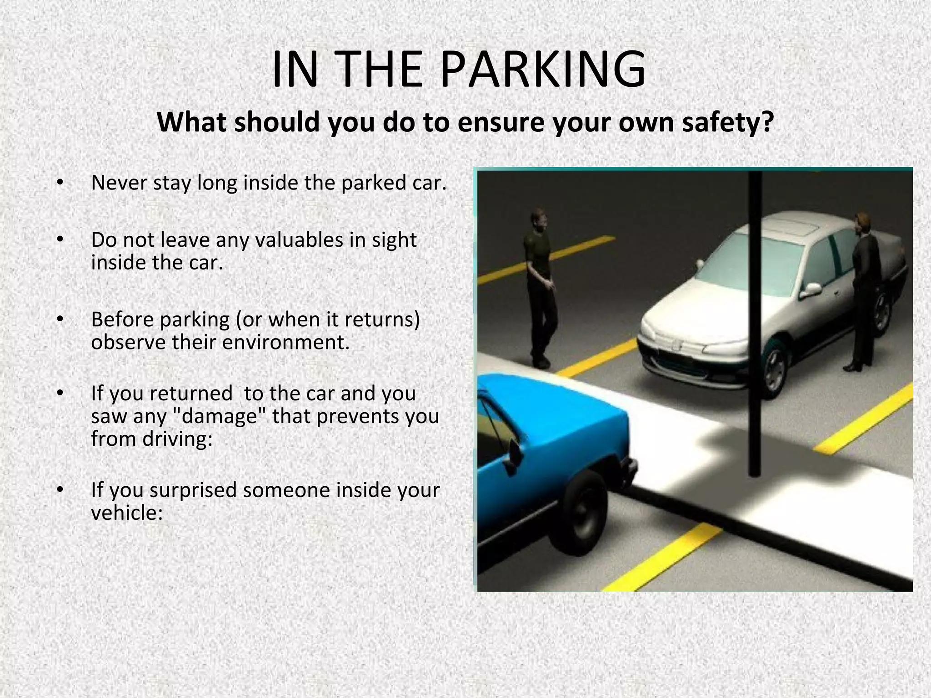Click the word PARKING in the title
543,70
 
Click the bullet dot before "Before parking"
59,320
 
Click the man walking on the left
541,286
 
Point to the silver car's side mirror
812,289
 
